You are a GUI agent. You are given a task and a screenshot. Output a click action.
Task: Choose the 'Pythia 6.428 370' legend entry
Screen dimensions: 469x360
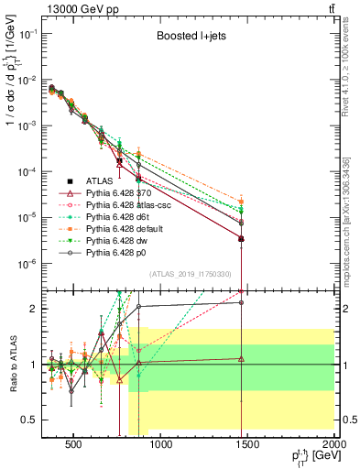[129, 192]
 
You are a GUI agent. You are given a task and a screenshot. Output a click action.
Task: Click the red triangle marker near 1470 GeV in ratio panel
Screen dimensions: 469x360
[241, 359]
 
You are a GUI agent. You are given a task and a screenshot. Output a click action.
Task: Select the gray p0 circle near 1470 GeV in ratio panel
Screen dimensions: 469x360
[241, 301]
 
